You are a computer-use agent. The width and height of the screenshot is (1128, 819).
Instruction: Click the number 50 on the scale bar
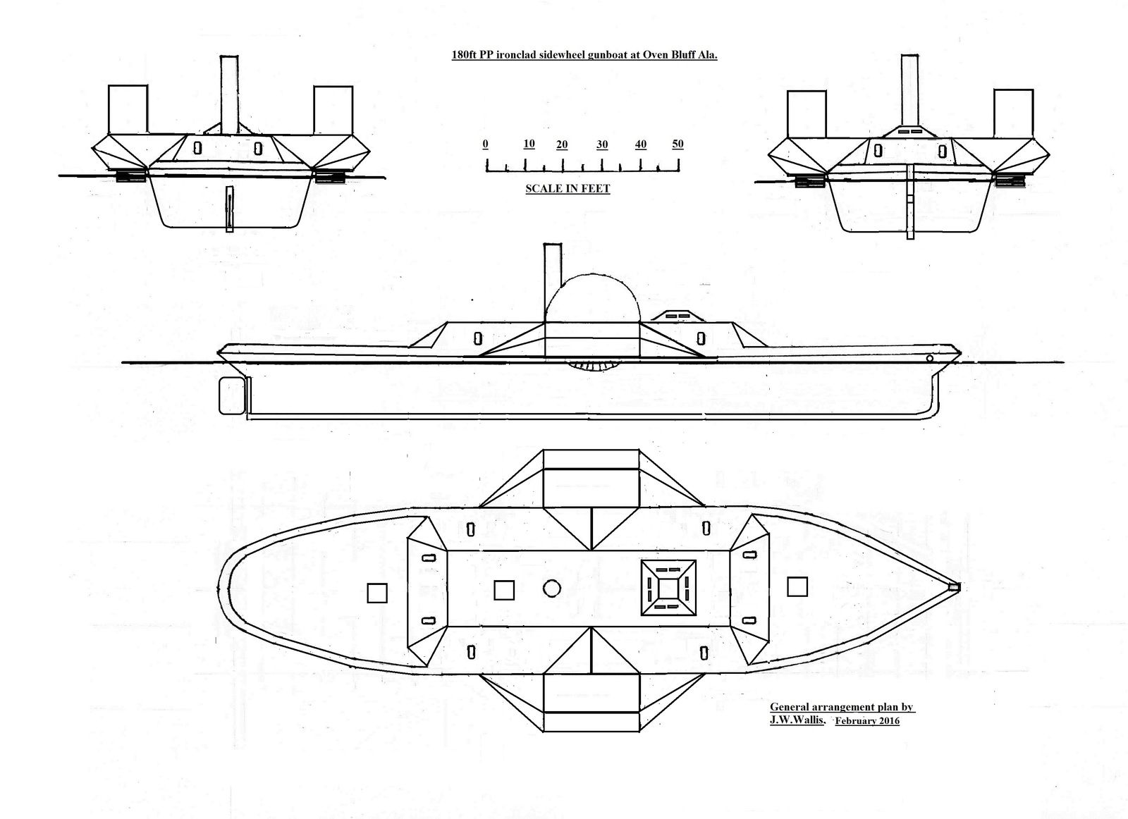tap(678, 144)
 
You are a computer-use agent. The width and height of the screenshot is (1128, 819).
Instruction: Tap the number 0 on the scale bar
tap(485, 144)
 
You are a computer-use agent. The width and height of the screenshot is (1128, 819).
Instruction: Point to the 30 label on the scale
tap(602, 144)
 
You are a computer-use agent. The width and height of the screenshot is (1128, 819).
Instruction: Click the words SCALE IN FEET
tap(568, 189)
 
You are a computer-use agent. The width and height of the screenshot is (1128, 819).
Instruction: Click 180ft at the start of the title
tap(464, 55)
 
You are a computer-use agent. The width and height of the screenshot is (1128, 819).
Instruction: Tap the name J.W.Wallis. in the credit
tap(797, 720)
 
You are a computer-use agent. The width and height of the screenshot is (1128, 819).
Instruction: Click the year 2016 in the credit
tap(889, 720)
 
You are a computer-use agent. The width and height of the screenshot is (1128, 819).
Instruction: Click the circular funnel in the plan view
tap(552, 588)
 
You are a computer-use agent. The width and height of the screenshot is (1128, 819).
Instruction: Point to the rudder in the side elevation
tap(233, 395)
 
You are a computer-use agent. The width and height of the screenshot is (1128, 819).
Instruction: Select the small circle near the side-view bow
tap(930, 358)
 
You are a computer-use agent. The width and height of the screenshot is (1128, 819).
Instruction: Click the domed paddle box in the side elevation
tap(592, 298)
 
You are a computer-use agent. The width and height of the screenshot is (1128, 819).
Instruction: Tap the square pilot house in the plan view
tap(668, 588)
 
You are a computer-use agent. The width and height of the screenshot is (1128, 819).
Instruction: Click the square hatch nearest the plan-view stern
tap(377, 593)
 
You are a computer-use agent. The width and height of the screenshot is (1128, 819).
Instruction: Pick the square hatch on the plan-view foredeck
tap(797, 586)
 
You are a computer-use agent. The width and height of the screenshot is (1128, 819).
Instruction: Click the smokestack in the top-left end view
tap(229, 94)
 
